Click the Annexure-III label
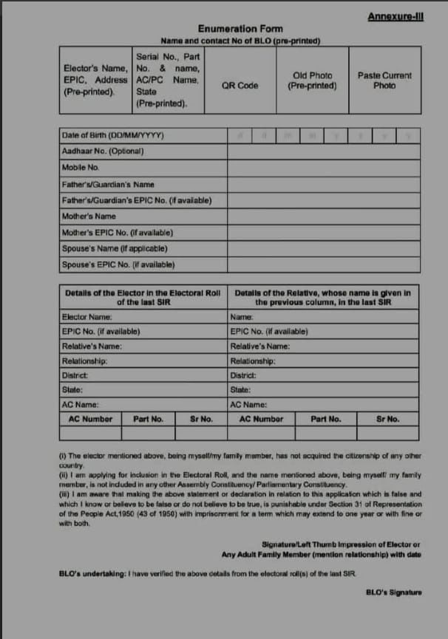[395, 16]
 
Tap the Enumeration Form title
[240, 29]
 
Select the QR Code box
[240, 85]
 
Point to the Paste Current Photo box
[384, 81]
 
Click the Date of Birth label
[113, 136]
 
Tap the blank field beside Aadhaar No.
[324, 152]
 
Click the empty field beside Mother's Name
[324, 216]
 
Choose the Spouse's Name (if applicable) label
[115, 248]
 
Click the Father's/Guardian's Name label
[109, 184]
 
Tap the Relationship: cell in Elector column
[85, 360]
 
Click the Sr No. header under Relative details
[387, 419]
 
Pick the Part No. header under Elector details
[148, 419]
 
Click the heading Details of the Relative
[323, 297]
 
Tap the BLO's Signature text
[394, 592]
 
